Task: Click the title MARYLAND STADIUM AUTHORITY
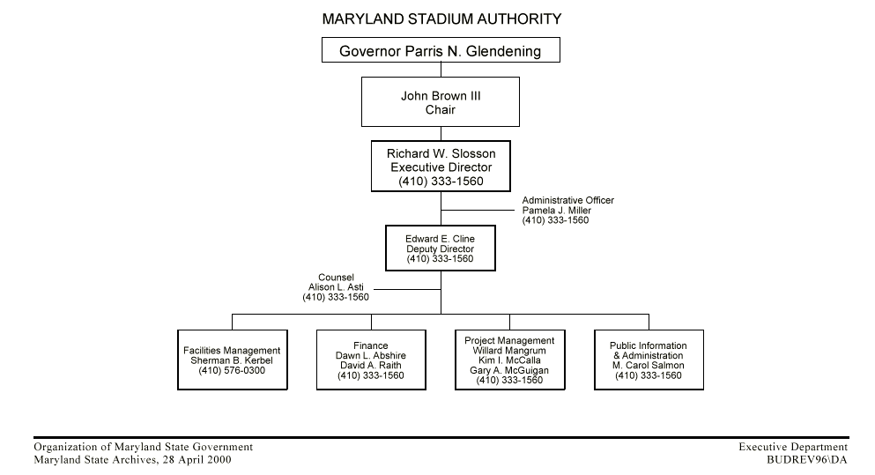pyautogui.click(x=441, y=18)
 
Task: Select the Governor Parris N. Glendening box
pyautogui.click(x=441, y=52)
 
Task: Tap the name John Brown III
pyautogui.click(x=441, y=96)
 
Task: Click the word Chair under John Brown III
pyautogui.click(x=441, y=110)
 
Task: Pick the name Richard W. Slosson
pyautogui.click(x=441, y=153)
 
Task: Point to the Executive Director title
pyautogui.click(x=441, y=167)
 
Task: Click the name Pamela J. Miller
pyautogui.click(x=556, y=211)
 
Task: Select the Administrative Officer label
pyautogui.click(x=567, y=201)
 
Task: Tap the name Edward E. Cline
pyautogui.click(x=440, y=239)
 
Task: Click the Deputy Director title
pyautogui.click(x=440, y=249)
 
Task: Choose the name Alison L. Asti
pyautogui.click(x=336, y=287)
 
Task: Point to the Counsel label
pyautogui.click(x=336, y=278)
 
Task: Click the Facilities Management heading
pyautogui.click(x=232, y=351)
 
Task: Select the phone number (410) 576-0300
pyautogui.click(x=232, y=371)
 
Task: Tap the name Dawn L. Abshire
pyautogui.click(x=371, y=355)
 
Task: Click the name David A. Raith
pyautogui.click(x=371, y=366)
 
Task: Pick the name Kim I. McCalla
pyautogui.click(x=509, y=361)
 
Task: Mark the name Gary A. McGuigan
pyautogui.click(x=509, y=371)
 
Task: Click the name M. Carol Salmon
pyautogui.click(x=649, y=366)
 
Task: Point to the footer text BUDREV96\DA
pyautogui.click(x=806, y=459)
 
